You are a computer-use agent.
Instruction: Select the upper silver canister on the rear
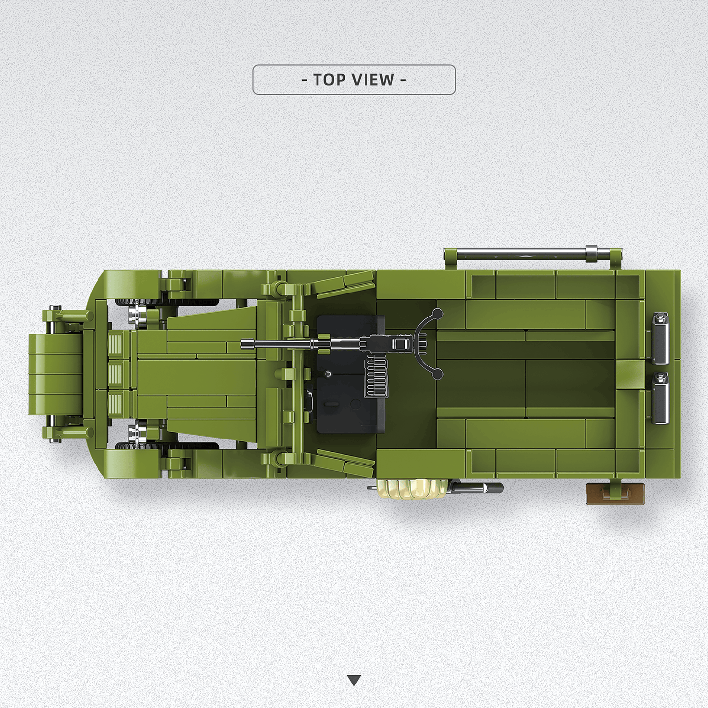(660, 333)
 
